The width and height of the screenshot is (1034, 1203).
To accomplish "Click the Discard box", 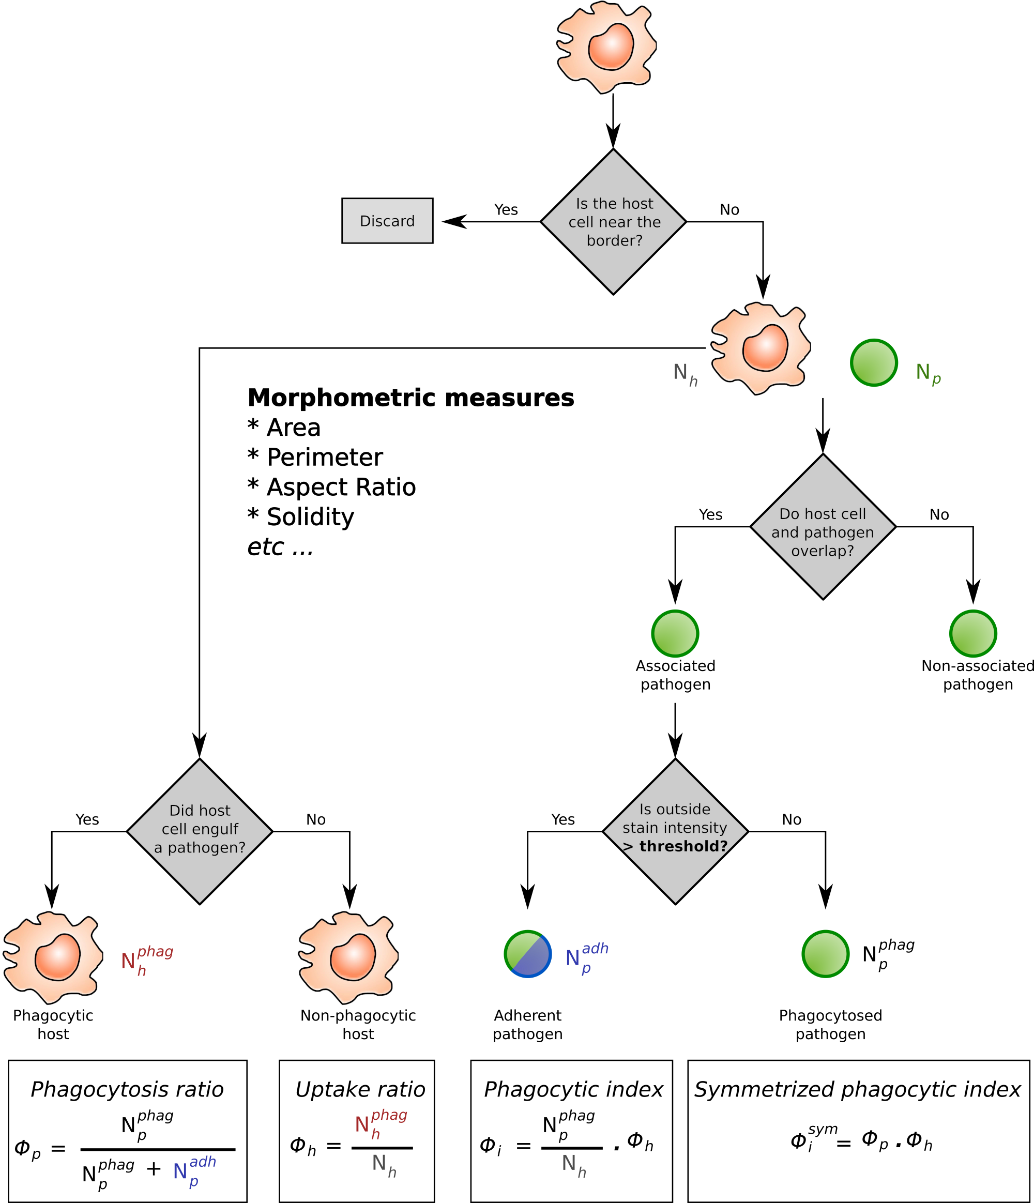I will pos(387,221).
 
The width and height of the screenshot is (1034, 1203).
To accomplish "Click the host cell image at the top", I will pos(604,48).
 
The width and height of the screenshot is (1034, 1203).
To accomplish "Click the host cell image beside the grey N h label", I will pos(759,348).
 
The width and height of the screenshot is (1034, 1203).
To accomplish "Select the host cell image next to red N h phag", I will pos(52,957).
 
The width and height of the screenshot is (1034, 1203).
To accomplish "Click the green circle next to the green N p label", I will pos(874,362).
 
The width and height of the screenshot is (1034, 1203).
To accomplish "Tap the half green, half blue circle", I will pos(527,953).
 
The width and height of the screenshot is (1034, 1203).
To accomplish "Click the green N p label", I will pos(927,373).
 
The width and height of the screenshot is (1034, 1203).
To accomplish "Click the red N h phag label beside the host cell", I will pos(146,961).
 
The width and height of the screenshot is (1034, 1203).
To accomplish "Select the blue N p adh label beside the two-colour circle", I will pos(586,957).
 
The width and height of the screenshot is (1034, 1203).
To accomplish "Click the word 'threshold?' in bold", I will pos(683,846).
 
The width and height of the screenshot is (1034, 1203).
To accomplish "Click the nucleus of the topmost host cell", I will pos(611,47).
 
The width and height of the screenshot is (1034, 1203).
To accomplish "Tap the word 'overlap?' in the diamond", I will pos(823,551).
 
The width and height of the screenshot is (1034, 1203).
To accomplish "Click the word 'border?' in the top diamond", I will pos(614,240).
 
